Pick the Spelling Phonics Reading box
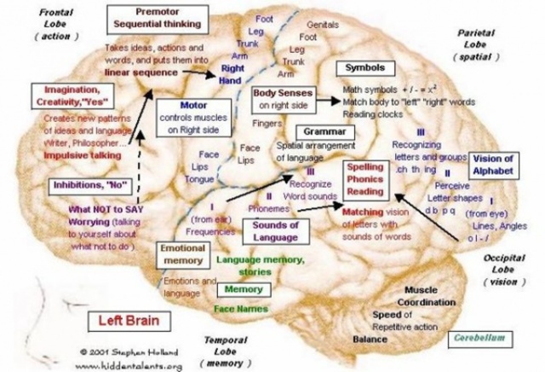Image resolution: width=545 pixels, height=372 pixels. pos(367,180)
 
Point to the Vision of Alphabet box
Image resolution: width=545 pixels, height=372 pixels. pos(493,164)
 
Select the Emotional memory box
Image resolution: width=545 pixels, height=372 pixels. pos(184,253)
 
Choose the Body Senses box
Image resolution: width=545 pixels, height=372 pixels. pos(284,97)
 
